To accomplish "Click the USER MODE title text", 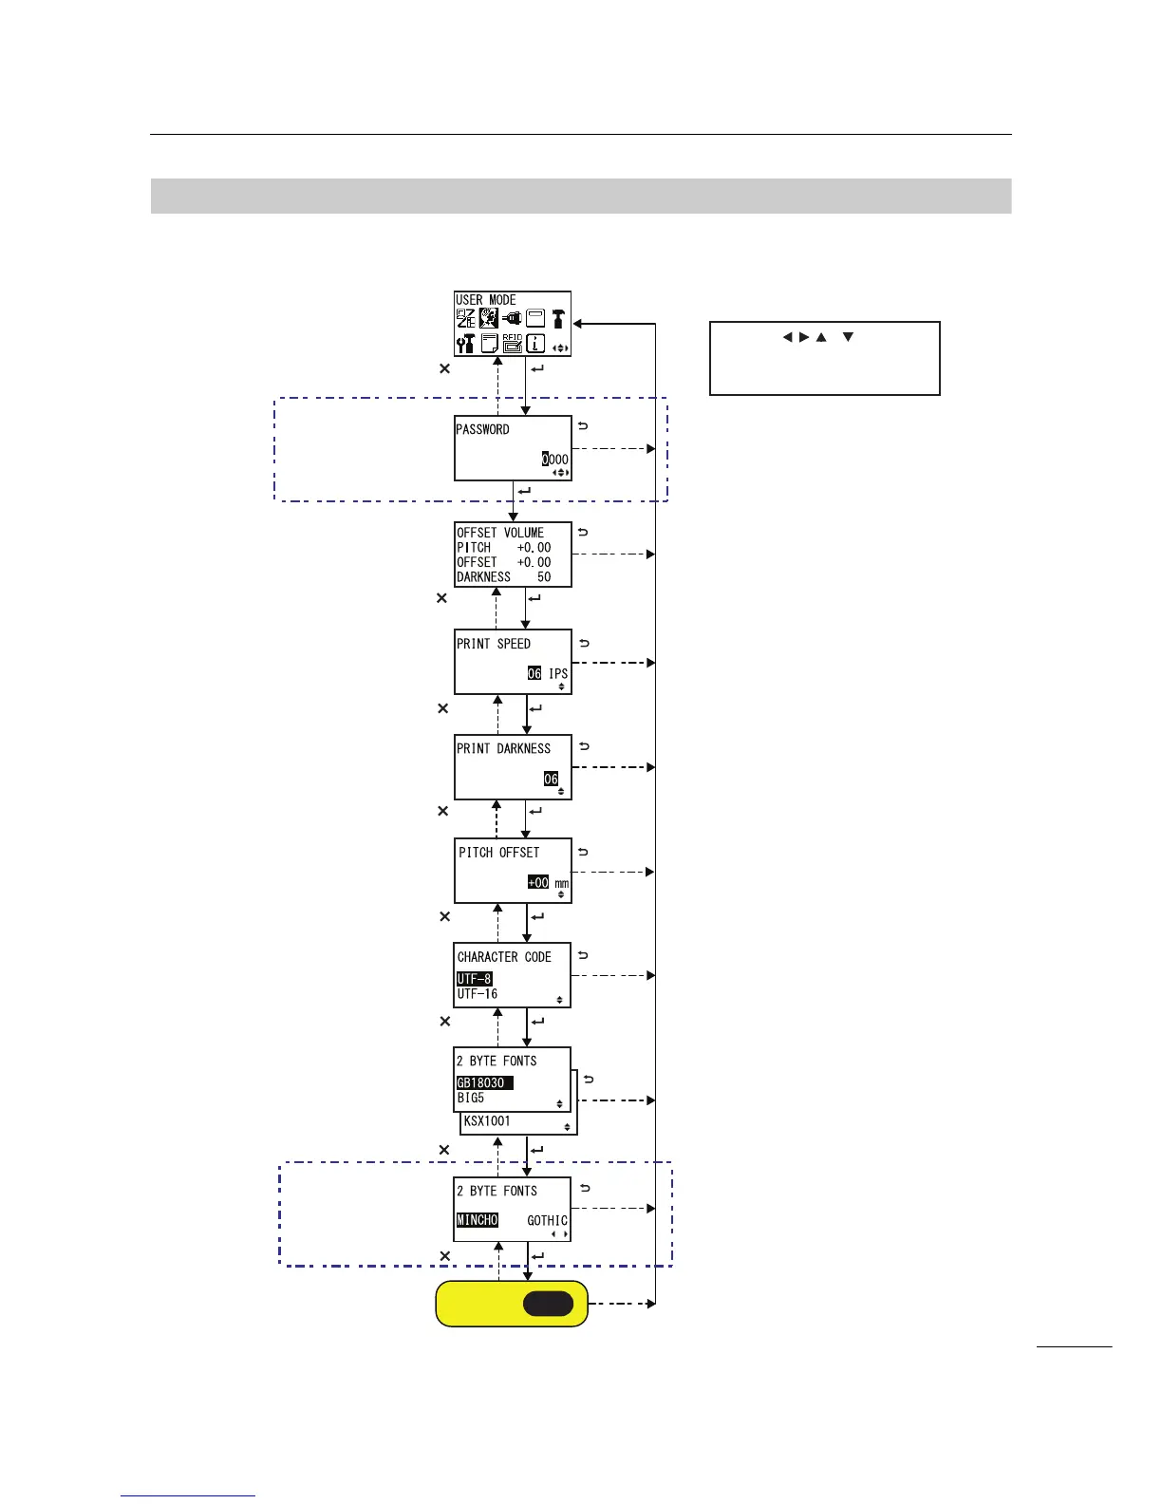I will click(x=486, y=300).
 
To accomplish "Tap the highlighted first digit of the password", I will click(x=546, y=460).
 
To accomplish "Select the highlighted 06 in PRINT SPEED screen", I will click(x=534, y=673).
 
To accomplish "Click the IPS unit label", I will click(x=558, y=673).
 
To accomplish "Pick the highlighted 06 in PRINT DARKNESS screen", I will click(x=551, y=779).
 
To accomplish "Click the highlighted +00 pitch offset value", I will click(x=538, y=882).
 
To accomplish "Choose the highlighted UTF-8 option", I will click(x=475, y=979).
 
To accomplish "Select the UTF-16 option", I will click(x=478, y=994).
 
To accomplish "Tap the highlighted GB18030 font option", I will click(x=484, y=1083).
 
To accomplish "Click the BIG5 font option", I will click(x=471, y=1098).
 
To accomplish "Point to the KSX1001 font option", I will click(x=487, y=1121).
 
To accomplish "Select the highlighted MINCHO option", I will click(x=478, y=1220).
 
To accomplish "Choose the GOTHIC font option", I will click(x=547, y=1220).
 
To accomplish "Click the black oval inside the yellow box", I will click(x=548, y=1304).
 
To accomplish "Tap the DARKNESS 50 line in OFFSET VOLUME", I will click(x=503, y=576).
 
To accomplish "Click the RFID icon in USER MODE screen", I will click(x=513, y=343).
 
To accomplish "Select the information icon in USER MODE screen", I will click(x=536, y=343).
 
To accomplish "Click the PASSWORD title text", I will click(x=483, y=429).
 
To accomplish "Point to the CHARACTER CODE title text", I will click(x=504, y=957).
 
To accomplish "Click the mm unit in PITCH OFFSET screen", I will click(x=562, y=883).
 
